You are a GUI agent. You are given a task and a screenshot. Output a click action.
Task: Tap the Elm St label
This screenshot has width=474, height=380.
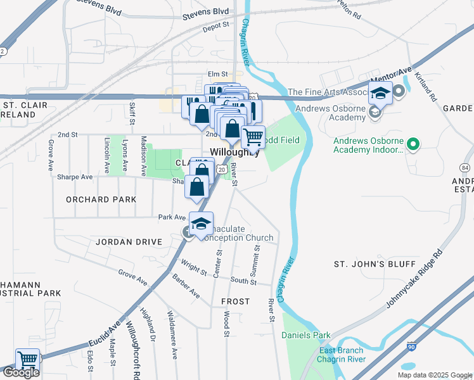point(218,75)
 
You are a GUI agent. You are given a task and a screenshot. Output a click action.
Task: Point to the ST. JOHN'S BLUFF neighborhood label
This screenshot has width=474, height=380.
point(375,263)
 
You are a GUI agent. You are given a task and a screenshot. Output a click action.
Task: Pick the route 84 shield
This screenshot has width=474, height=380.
point(466,168)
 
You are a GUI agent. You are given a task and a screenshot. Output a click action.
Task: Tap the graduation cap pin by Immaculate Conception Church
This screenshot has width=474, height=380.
point(201,225)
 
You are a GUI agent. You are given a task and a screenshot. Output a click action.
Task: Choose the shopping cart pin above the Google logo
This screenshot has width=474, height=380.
point(27,360)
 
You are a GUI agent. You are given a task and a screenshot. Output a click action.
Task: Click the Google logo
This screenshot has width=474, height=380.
point(21,372)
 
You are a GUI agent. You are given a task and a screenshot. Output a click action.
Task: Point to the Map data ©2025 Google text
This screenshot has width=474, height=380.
point(435,375)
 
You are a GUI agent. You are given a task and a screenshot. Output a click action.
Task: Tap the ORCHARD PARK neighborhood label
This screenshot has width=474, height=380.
point(101,199)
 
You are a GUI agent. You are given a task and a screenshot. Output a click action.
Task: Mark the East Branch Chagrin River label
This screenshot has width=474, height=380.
point(342,355)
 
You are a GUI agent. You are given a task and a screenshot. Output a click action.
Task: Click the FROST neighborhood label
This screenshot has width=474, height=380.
point(235,301)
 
